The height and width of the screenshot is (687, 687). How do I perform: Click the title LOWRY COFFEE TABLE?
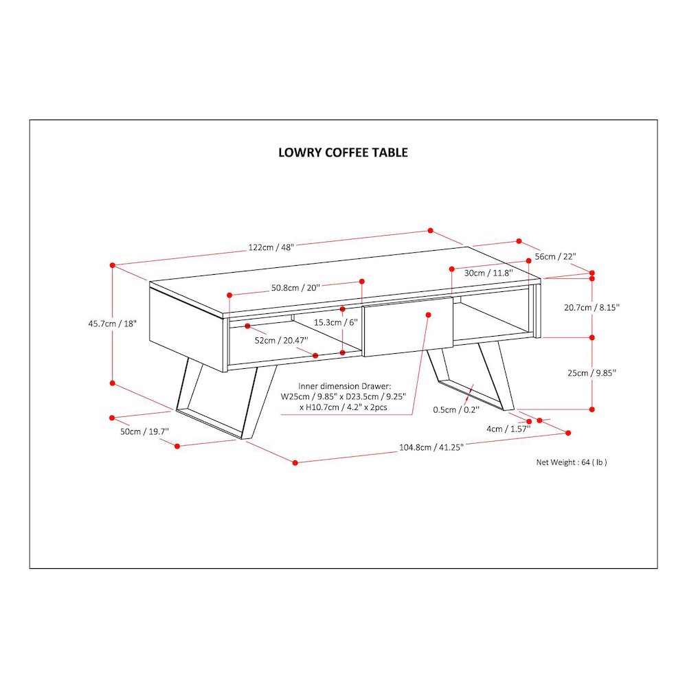(343, 153)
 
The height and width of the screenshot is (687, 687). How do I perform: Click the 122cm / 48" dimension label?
(271, 247)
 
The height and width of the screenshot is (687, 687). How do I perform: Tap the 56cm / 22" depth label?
(555, 256)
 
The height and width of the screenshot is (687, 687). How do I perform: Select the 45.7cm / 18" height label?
(113, 324)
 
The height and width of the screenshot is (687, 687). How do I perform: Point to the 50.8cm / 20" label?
(295, 288)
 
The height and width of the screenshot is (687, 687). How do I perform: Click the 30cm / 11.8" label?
(488, 273)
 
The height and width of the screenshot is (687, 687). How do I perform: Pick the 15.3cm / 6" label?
(336, 322)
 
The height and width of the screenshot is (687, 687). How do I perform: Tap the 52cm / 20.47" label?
(281, 341)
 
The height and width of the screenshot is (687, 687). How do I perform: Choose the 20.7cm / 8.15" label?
(592, 308)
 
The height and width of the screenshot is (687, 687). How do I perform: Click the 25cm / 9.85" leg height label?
(592, 373)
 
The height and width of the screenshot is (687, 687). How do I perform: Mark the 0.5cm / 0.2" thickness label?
(456, 409)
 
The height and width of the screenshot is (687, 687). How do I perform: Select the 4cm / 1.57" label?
(508, 429)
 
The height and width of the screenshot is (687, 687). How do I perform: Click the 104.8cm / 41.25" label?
(431, 447)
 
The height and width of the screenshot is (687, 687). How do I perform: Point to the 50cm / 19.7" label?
(144, 431)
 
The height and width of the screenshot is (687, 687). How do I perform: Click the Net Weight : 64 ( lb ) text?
(572, 462)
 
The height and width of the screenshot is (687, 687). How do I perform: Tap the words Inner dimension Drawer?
(344, 386)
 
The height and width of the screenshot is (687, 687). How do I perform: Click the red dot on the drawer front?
(429, 315)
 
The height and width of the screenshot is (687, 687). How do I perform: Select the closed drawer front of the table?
(408, 326)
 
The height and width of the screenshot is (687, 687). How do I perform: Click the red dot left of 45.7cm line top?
(112, 265)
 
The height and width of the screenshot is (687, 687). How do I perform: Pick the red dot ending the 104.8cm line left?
(295, 462)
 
